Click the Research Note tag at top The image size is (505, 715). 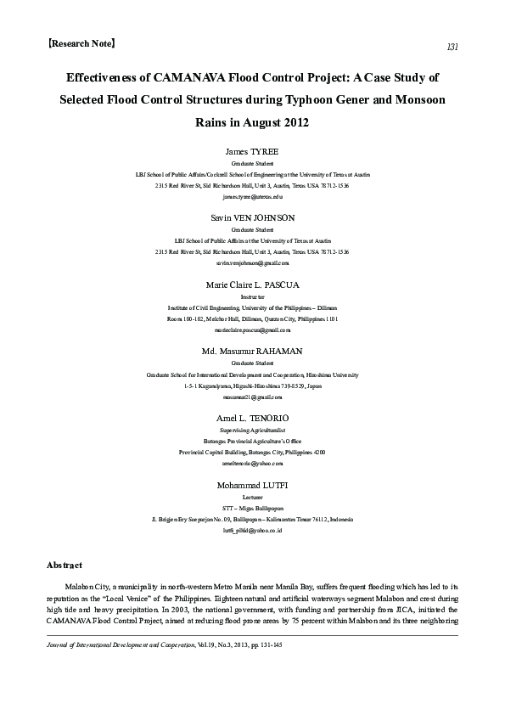coord(82,41)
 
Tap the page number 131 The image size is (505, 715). coord(452,47)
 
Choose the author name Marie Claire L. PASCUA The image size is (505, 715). coord(252,284)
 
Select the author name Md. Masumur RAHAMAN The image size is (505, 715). coord(252,351)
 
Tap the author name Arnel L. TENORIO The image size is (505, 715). coord(252,419)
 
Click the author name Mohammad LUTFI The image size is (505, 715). coord(252,485)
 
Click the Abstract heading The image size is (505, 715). coord(64,565)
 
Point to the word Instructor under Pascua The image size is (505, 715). coord(252,297)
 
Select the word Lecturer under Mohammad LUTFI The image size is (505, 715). coord(252,498)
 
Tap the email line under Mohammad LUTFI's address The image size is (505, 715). coord(252,529)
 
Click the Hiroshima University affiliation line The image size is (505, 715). coord(252,374)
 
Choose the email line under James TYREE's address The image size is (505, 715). coord(252,196)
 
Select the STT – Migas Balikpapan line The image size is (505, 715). coord(252,508)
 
